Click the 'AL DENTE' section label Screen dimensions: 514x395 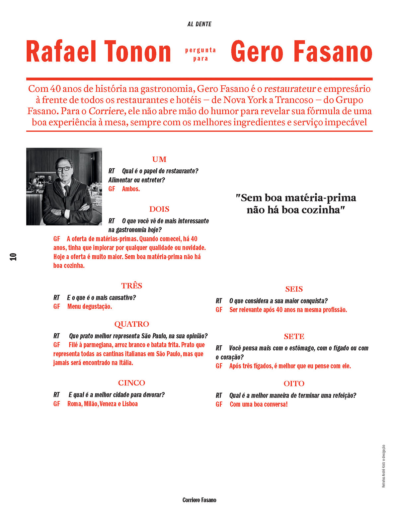[x=199, y=24]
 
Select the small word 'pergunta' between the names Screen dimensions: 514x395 [x=200, y=50]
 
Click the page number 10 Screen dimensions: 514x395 [x=13, y=257]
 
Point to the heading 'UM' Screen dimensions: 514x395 [x=159, y=159]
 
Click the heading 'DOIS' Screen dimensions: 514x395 [x=159, y=209]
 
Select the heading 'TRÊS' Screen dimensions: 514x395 [x=132, y=286]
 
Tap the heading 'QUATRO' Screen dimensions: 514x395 [x=132, y=324]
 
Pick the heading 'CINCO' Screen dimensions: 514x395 [x=132, y=383]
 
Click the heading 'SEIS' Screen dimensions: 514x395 [x=294, y=289]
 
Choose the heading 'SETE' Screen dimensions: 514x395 [x=294, y=336]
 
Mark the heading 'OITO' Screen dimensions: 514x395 [x=294, y=384]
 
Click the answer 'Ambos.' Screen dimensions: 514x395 [x=131, y=189]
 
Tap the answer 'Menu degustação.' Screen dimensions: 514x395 [x=90, y=306]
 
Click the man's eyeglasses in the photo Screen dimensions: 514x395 [x=64, y=169]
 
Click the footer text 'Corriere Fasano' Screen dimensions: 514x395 [x=199, y=500]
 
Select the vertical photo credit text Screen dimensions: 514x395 [x=384, y=466]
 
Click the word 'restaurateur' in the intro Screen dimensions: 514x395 [x=290, y=89]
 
